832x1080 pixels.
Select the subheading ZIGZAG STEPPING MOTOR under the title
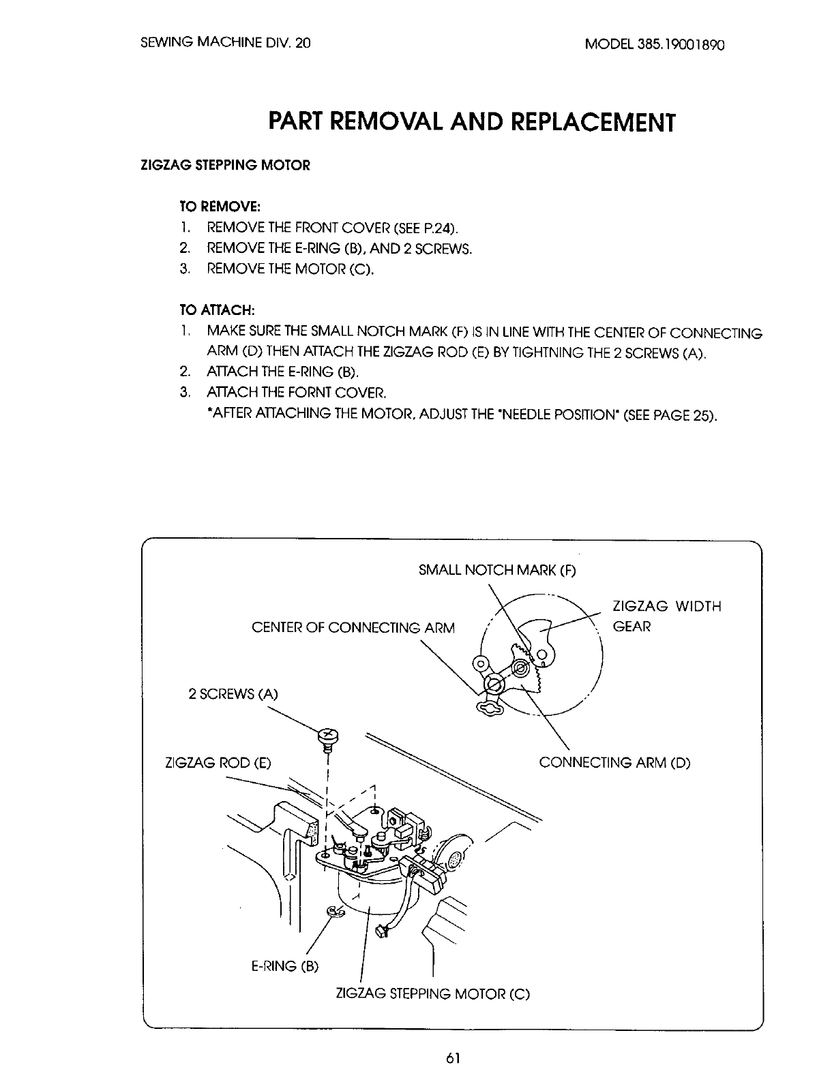point(225,166)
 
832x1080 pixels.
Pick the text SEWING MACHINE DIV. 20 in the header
point(225,43)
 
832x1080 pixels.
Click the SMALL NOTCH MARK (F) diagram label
point(497,570)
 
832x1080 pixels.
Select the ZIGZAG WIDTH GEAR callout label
point(666,616)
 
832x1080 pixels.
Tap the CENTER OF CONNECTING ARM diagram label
point(353,627)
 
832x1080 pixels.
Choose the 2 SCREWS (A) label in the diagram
point(233,695)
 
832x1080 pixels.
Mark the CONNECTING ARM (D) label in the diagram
point(614,762)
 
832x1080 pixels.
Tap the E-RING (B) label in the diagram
point(285,966)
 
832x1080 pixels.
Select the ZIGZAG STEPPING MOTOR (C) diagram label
point(433,993)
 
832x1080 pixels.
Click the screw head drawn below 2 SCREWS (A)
point(327,735)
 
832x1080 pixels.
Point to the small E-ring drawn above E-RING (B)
point(333,911)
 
